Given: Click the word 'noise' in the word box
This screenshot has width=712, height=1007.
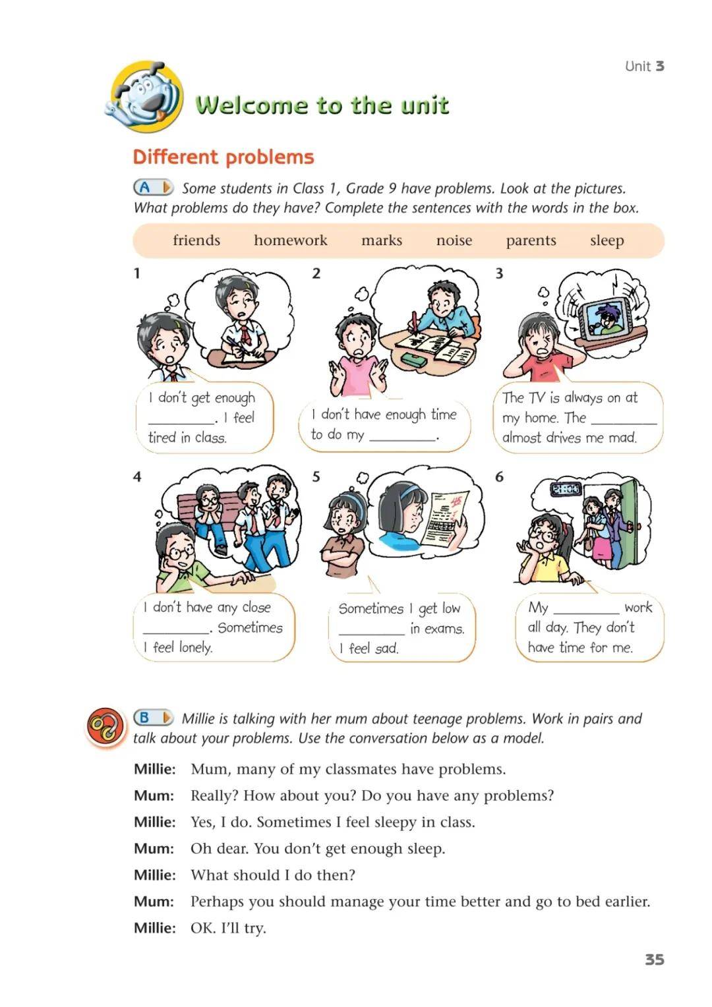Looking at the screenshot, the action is (454, 240).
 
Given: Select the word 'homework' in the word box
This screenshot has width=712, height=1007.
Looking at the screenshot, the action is (291, 240).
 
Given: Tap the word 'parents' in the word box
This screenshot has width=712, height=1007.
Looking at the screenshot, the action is (531, 241).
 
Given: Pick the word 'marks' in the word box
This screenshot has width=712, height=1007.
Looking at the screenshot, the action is (382, 240).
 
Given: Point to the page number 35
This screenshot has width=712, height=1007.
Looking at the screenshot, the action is (655, 960).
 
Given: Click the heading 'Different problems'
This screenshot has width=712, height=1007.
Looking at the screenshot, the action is (223, 157).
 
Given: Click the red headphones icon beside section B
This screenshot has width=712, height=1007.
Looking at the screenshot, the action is (105, 727).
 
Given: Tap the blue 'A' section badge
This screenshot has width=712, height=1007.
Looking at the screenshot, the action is (153, 187).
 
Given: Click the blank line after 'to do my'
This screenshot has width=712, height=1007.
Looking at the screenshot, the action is (402, 439).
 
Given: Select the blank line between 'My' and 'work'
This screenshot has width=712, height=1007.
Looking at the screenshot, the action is (586, 613).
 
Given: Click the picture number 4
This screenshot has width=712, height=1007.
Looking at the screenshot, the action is (137, 476).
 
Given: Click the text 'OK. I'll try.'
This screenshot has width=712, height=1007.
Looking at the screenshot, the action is (228, 928).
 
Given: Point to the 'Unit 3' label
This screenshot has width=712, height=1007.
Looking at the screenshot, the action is (644, 67).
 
